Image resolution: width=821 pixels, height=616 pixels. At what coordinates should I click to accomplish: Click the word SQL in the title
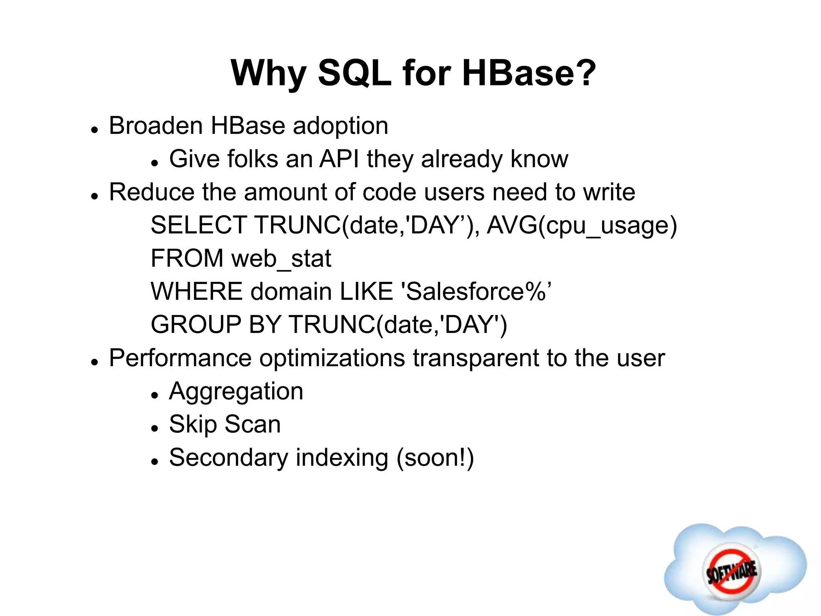point(354,73)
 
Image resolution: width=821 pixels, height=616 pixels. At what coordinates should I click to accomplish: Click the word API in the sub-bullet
point(339,159)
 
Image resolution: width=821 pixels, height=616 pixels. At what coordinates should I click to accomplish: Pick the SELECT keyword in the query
point(198,225)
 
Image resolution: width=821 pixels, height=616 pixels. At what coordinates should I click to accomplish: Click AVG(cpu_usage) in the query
point(582,226)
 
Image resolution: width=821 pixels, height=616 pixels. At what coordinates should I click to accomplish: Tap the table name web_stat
point(281,259)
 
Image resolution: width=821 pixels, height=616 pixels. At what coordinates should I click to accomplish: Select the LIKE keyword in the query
point(366,292)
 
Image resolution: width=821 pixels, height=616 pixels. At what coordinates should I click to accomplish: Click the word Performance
point(180,358)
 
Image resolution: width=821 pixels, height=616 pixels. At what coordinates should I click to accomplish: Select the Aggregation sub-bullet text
point(236,392)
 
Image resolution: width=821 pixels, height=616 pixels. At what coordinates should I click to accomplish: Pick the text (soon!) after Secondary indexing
point(435,458)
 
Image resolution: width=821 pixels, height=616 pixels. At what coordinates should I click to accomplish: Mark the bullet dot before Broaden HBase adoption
point(95,130)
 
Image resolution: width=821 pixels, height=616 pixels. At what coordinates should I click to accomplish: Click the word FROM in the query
point(187,259)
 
